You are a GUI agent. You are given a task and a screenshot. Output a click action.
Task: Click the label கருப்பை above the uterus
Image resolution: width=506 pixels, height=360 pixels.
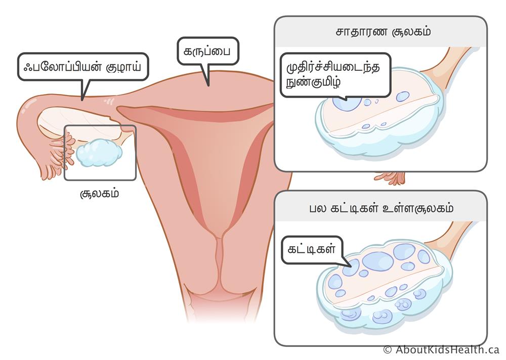point(207,51)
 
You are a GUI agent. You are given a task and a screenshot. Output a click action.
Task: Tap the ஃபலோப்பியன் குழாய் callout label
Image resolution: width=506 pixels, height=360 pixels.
point(82,67)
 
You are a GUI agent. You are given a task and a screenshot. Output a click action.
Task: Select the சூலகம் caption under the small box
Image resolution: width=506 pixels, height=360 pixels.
point(99,193)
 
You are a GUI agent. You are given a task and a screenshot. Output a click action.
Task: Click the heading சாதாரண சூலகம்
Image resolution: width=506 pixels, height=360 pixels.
point(383,32)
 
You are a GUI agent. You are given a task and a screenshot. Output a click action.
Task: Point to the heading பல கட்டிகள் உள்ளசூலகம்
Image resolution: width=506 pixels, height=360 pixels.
point(382,208)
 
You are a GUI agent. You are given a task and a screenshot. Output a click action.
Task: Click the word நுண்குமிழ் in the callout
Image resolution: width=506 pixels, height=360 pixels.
point(313,82)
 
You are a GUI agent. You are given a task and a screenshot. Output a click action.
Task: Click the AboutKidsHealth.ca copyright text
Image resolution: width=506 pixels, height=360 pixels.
point(441,349)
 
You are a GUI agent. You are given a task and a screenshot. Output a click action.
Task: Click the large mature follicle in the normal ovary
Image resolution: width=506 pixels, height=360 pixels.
point(347,103)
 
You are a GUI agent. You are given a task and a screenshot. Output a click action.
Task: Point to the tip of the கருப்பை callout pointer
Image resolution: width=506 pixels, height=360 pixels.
point(208,86)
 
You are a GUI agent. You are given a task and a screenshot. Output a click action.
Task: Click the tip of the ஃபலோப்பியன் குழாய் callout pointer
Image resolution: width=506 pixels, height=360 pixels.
point(82,100)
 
